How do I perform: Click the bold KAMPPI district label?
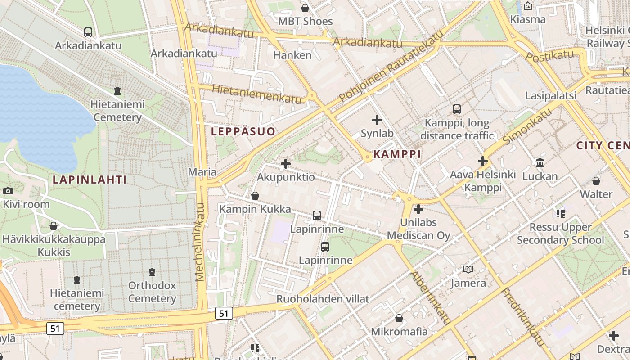[x=397, y=154]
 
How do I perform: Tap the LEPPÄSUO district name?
[x=243, y=131]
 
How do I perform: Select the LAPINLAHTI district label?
[x=90, y=180]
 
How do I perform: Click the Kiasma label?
[x=528, y=19]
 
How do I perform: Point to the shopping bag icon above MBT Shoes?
[x=305, y=8]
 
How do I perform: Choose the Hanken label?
[x=292, y=55]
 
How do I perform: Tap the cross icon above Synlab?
[x=377, y=120]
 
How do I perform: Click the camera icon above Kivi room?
[x=8, y=191]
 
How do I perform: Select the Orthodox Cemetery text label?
[x=152, y=292]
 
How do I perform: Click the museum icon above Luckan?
[x=540, y=162]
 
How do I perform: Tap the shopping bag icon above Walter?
[x=596, y=181]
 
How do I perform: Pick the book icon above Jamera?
[x=468, y=269]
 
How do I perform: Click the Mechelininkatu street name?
[x=200, y=242]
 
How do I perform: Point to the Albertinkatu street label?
[x=431, y=297]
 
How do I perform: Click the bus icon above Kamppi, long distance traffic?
[x=457, y=109]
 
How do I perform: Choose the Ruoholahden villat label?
[x=323, y=299]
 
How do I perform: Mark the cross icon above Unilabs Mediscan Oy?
[x=418, y=209]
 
